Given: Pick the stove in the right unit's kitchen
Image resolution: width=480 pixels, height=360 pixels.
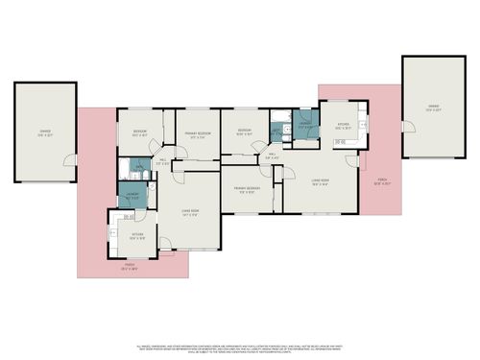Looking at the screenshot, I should (x=341, y=143).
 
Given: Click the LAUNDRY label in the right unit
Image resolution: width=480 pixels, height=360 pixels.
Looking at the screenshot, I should (x=303, y=125).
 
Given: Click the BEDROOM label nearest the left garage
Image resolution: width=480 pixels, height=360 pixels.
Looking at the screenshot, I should (x=136, y=134).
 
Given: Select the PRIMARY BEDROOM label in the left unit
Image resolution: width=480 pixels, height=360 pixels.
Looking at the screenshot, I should (x=197, y=135).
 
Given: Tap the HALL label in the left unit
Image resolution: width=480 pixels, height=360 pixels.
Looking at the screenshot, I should (x=164, y=161).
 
